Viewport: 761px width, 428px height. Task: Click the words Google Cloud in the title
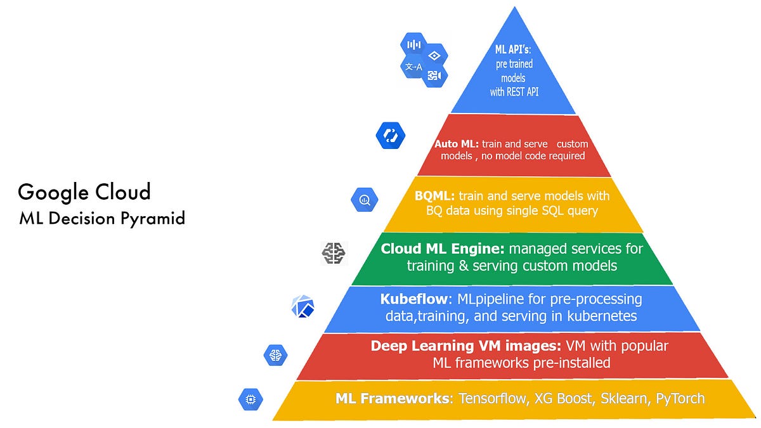(84, 191)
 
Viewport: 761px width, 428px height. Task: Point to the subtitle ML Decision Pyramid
(102, 219)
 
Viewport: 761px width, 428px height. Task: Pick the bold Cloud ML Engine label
(442, 249)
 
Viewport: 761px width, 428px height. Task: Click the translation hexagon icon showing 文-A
(414, 67)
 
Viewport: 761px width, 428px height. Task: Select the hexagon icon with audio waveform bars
(413, 44)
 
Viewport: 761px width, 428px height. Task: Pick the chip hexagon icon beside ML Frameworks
(250, 399)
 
